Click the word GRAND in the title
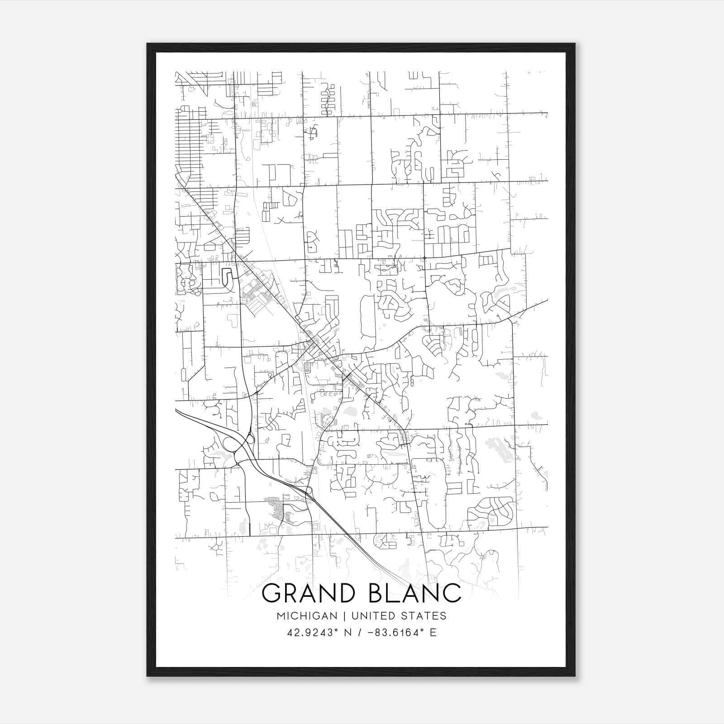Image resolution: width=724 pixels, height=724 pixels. coord(311,593)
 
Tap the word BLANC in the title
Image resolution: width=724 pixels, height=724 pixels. coord(415,593)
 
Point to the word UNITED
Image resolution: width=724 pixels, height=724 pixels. coord(370,616)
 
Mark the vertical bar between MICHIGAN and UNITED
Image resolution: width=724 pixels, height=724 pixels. coord(344,616)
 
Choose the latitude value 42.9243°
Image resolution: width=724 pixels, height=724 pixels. coord(313,632)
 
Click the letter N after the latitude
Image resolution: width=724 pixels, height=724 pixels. coord(348,632)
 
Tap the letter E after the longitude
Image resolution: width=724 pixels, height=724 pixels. coord(433,632)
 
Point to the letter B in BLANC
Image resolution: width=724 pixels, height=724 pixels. coord(378,593)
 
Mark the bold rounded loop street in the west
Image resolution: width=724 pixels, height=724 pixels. coord(227,277)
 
